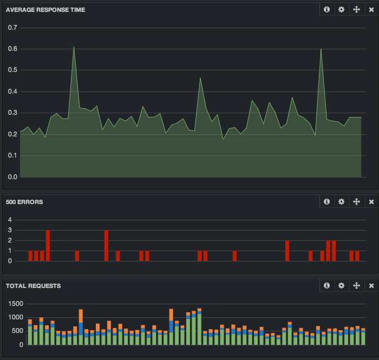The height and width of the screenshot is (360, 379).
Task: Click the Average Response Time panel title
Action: click(45, 10)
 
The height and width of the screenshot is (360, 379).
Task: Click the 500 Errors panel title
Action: click(24, 202)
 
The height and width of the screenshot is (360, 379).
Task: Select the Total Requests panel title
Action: click(33, 286)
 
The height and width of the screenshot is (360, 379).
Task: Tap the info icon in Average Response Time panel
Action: click(326, 10)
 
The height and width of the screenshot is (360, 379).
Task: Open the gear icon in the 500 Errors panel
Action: click(341, 202)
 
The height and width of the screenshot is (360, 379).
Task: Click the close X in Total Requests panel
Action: click(371, 286)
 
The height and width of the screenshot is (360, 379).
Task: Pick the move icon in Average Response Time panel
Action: click(356, 10)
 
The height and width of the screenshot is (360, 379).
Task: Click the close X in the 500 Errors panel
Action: click(371, 202)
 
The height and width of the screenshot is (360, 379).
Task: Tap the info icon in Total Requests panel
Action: click(326, 286)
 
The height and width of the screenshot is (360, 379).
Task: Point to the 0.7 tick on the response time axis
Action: click(12, 27)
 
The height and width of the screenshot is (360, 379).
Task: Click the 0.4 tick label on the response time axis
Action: click(12, 91)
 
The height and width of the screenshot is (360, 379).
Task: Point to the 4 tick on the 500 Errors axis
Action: click(10, 220)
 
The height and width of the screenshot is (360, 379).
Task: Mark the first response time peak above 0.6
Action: click(74, 48)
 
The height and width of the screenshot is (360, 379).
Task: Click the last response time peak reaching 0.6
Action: click(321, 50)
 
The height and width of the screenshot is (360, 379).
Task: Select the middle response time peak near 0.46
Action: click(200, 78)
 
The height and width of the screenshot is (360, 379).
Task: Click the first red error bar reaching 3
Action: click(48, 245)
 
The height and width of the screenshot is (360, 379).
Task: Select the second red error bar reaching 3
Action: click(106, 245)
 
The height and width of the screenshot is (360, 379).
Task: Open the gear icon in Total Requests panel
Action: click(341, 286)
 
